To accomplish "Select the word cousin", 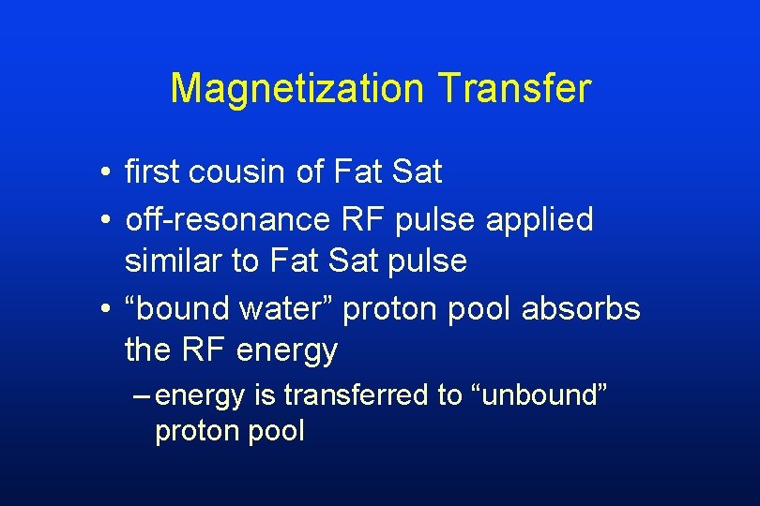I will [244, 172].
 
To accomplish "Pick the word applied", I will [540, 219].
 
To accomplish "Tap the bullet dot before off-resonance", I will [111, 221].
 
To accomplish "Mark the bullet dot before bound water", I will [111, 310].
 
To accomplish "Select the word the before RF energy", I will [146, 350].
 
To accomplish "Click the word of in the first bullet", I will [313, 172].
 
